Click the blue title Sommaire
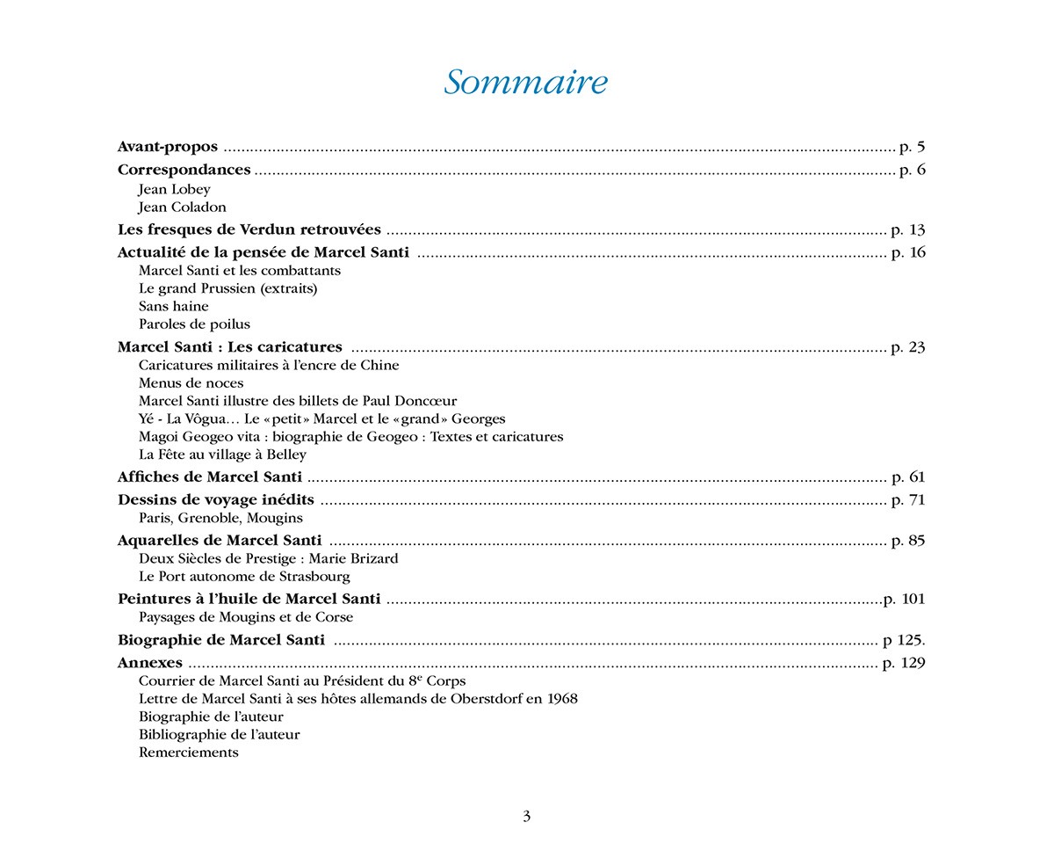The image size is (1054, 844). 525,82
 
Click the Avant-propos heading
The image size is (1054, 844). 168,147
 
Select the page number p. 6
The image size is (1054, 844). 913,170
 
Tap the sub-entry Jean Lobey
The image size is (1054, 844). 174,189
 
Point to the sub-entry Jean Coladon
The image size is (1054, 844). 182,207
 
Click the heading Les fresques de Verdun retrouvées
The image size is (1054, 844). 249,229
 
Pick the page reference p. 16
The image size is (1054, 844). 908,252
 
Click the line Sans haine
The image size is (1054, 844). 174,306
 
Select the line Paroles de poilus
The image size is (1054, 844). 194,324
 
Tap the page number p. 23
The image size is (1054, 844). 908,347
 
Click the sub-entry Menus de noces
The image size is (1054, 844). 191,383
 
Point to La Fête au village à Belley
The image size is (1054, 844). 222,455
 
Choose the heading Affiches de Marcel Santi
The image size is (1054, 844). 210,477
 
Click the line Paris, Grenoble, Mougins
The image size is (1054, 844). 220,518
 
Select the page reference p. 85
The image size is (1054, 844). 908,541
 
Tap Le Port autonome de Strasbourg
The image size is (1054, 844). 244,577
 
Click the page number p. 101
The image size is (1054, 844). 905,599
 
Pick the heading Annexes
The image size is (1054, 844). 150,663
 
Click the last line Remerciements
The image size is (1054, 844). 189,753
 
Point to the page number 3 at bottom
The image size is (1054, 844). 527,816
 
